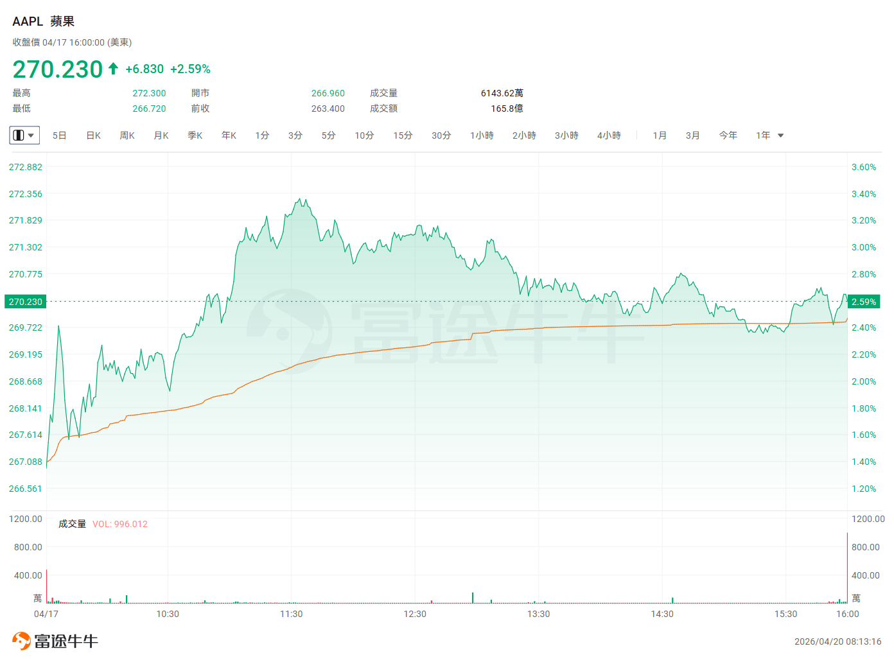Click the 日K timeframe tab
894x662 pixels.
point(93,135)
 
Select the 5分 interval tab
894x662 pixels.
point(328,135)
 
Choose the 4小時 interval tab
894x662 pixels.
point(609,135)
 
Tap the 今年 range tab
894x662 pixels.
point(728,135)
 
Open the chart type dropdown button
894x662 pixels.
point(24,135)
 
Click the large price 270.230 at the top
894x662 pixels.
point(58,69)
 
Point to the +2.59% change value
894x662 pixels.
point(190,69)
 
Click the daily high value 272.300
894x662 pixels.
point(149,93)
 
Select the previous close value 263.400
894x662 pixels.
point(328,109)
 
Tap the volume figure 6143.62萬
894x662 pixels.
point(502,93)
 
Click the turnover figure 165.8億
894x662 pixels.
point(507,109)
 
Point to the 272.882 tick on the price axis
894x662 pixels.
point(26,167)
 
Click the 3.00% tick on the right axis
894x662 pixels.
point(863,247)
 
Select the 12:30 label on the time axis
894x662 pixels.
point(415,614)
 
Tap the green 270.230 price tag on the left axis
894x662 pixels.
point(26,302)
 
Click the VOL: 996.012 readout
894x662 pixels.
point(120,524)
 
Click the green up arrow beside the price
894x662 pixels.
point(113,69)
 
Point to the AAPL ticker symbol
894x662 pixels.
point(28,21)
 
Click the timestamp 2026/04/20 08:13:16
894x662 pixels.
point(837,641)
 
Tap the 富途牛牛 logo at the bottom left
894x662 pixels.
point(55,641)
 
